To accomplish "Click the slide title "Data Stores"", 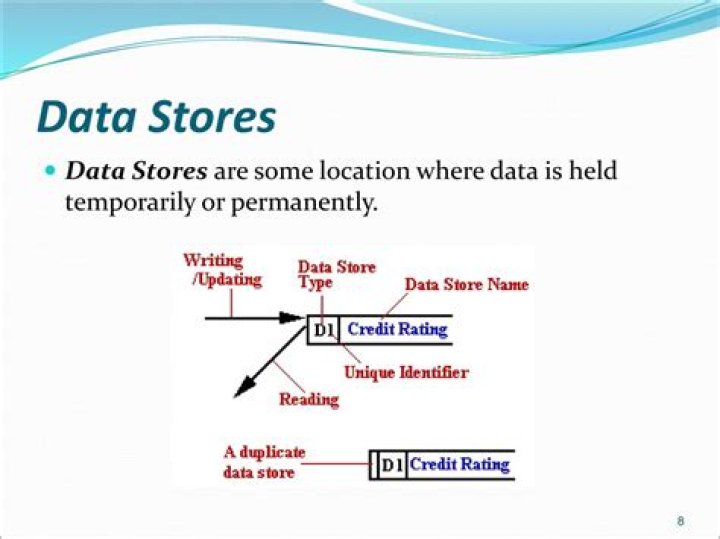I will point(156,116).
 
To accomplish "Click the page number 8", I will point(681,521).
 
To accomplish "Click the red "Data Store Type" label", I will point(336,274).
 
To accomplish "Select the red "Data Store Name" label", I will point(466,285).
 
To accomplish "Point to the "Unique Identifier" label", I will point(406,373).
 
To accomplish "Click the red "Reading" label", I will point(308,399).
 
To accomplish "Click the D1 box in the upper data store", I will point(324,330).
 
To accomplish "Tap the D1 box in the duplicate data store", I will point(392,465).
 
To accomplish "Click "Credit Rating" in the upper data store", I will point(397,329).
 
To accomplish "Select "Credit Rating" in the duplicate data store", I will point(459,464).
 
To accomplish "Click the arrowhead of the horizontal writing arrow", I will point(291,318).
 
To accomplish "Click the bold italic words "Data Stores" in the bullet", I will point(136,171).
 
